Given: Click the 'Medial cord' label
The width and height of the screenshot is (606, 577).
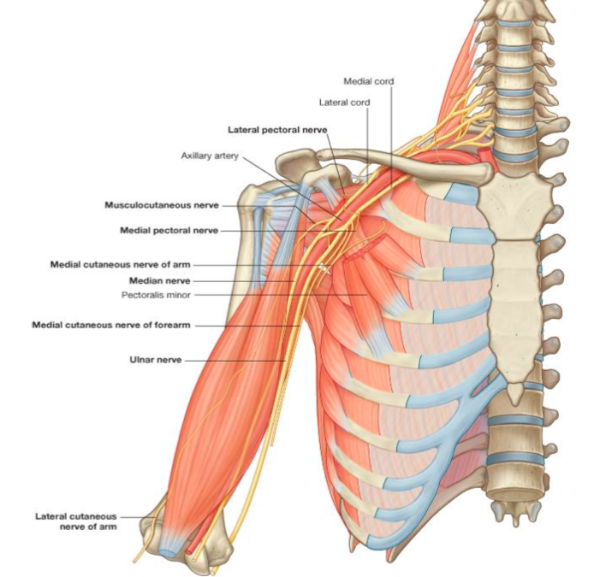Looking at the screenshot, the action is click(368, 81).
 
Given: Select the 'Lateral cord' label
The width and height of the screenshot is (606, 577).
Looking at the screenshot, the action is click(344, 103).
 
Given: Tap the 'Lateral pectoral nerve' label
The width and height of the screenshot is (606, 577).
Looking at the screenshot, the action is click(276, 130).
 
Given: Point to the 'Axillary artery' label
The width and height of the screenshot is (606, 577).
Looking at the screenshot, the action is click(210, 156).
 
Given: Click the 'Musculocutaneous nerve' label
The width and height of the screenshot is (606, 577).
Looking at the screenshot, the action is click(161, 205).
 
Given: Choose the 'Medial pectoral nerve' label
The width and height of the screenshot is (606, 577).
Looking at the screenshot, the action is click(169, 231).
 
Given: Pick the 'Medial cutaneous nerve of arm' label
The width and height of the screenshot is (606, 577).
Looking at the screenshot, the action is click(120, 265).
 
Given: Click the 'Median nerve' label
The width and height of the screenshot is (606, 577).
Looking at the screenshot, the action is click(159, 280).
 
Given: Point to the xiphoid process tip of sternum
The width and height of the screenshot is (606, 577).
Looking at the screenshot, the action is click(514, 395).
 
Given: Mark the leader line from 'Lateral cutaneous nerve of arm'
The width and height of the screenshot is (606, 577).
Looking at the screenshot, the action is click(133, 517).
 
